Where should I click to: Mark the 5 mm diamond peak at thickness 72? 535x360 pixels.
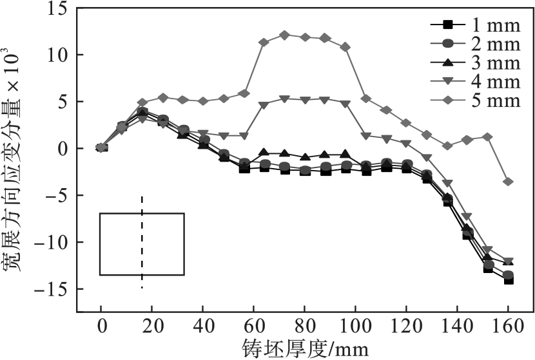click(284, 35)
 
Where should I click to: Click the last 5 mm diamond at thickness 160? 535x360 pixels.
click(508, 182)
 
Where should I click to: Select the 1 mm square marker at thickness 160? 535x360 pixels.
click(508, 279)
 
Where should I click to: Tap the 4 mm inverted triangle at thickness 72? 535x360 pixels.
click(284, 99)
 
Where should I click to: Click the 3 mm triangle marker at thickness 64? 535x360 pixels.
click(264, 153)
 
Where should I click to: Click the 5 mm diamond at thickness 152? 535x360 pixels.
click(487, 137)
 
